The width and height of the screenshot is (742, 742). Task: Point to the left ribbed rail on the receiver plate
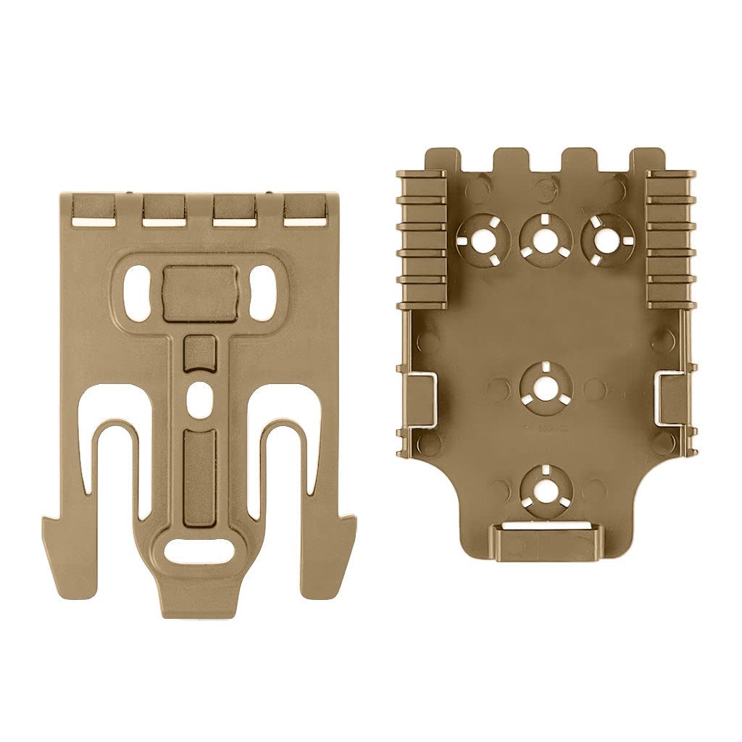point(422,239)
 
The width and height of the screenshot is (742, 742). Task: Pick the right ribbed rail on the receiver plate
point(670,239)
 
